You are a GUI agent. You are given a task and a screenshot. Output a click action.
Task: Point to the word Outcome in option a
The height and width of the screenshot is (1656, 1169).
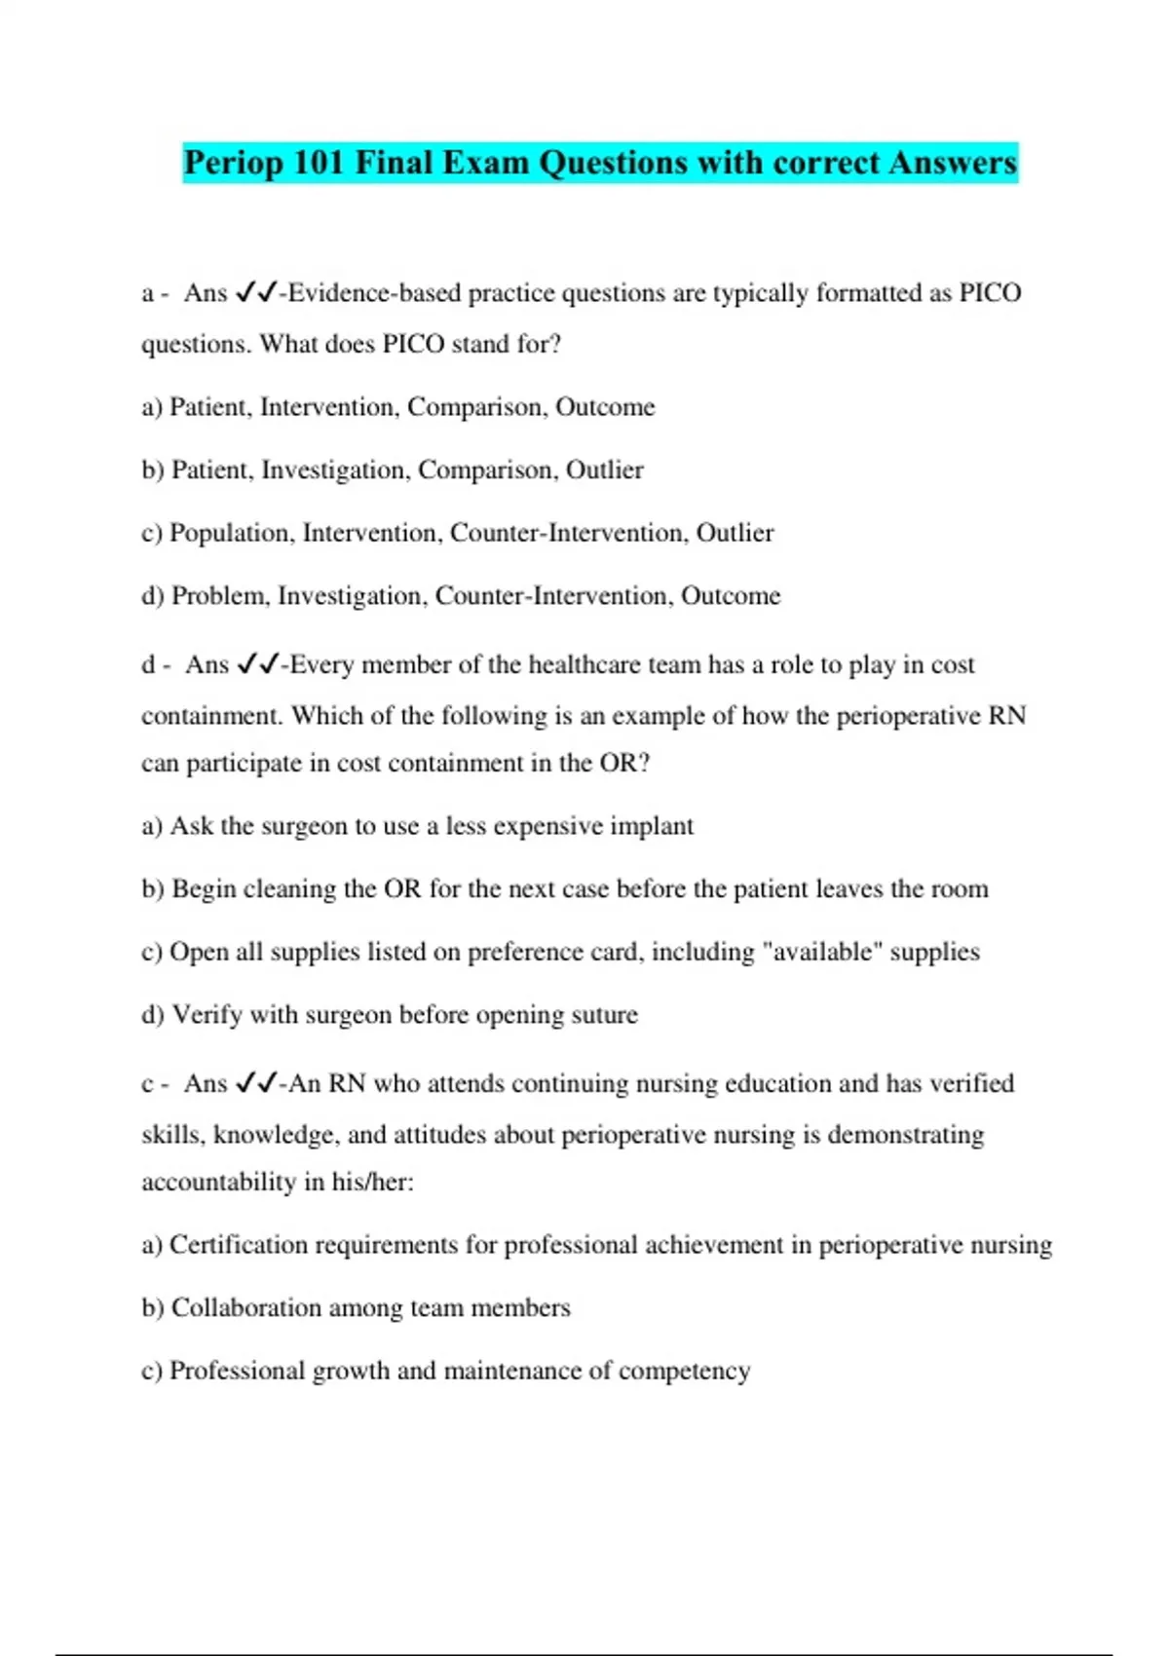tap(605, 407)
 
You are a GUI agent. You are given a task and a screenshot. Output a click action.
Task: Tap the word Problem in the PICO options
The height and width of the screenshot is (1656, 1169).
tap(219, 596)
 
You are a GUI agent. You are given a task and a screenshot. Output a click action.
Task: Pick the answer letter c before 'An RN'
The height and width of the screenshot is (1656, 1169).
tap(147, 1084)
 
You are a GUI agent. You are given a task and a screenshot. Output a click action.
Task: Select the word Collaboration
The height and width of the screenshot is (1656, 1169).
tap(245, 1308)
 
